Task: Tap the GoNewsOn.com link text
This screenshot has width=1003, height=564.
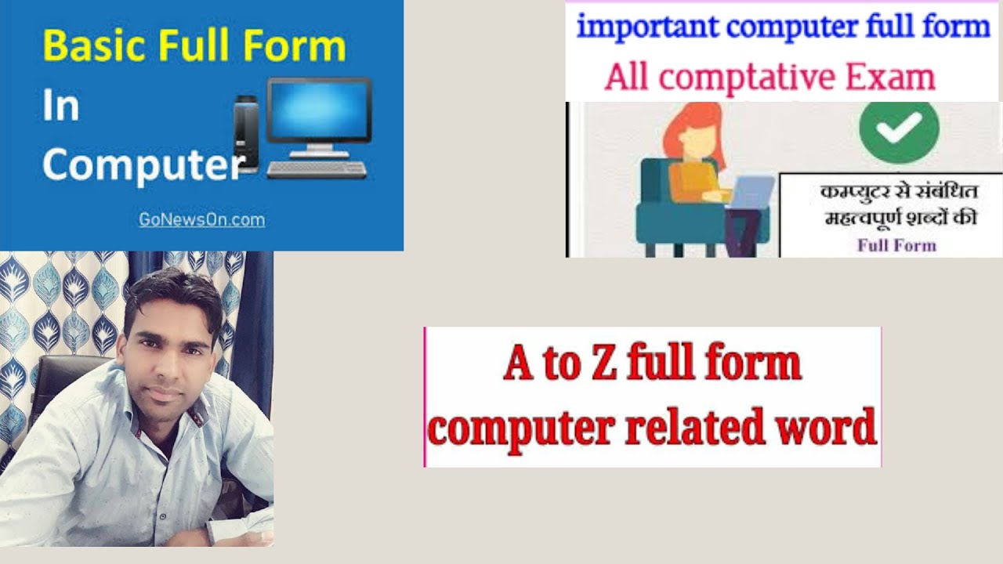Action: point(201,220)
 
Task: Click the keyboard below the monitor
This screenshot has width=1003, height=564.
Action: point(317,169)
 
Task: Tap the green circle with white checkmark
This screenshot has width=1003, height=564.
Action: point(899,130)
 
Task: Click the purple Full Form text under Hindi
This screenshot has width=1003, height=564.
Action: point(896,245)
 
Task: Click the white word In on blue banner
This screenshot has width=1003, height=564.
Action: point(60,106)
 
